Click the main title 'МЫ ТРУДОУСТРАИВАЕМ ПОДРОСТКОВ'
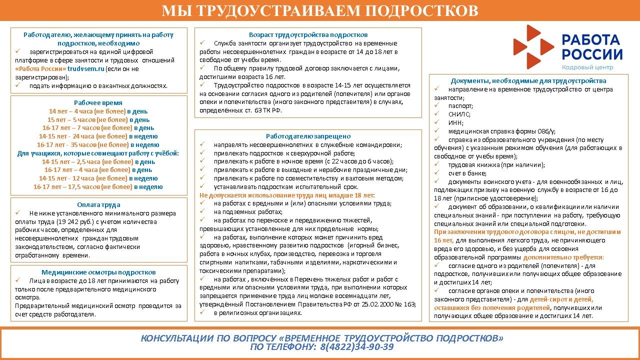point(320,10)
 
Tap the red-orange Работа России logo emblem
point(533,46)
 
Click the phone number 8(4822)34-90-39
point(356,347)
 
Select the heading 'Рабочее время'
point(98,102)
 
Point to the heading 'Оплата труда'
point(98,204)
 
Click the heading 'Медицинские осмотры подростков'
point(98,272)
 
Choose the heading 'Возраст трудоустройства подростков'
point(308,34)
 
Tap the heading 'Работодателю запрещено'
point(308,136)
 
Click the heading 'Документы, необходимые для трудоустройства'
point(528,80)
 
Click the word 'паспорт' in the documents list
point(460,106)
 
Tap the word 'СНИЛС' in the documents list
point(459,114)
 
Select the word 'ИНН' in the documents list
point(455,122)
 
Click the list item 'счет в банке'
point(467,173)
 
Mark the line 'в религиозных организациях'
point(257,312)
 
